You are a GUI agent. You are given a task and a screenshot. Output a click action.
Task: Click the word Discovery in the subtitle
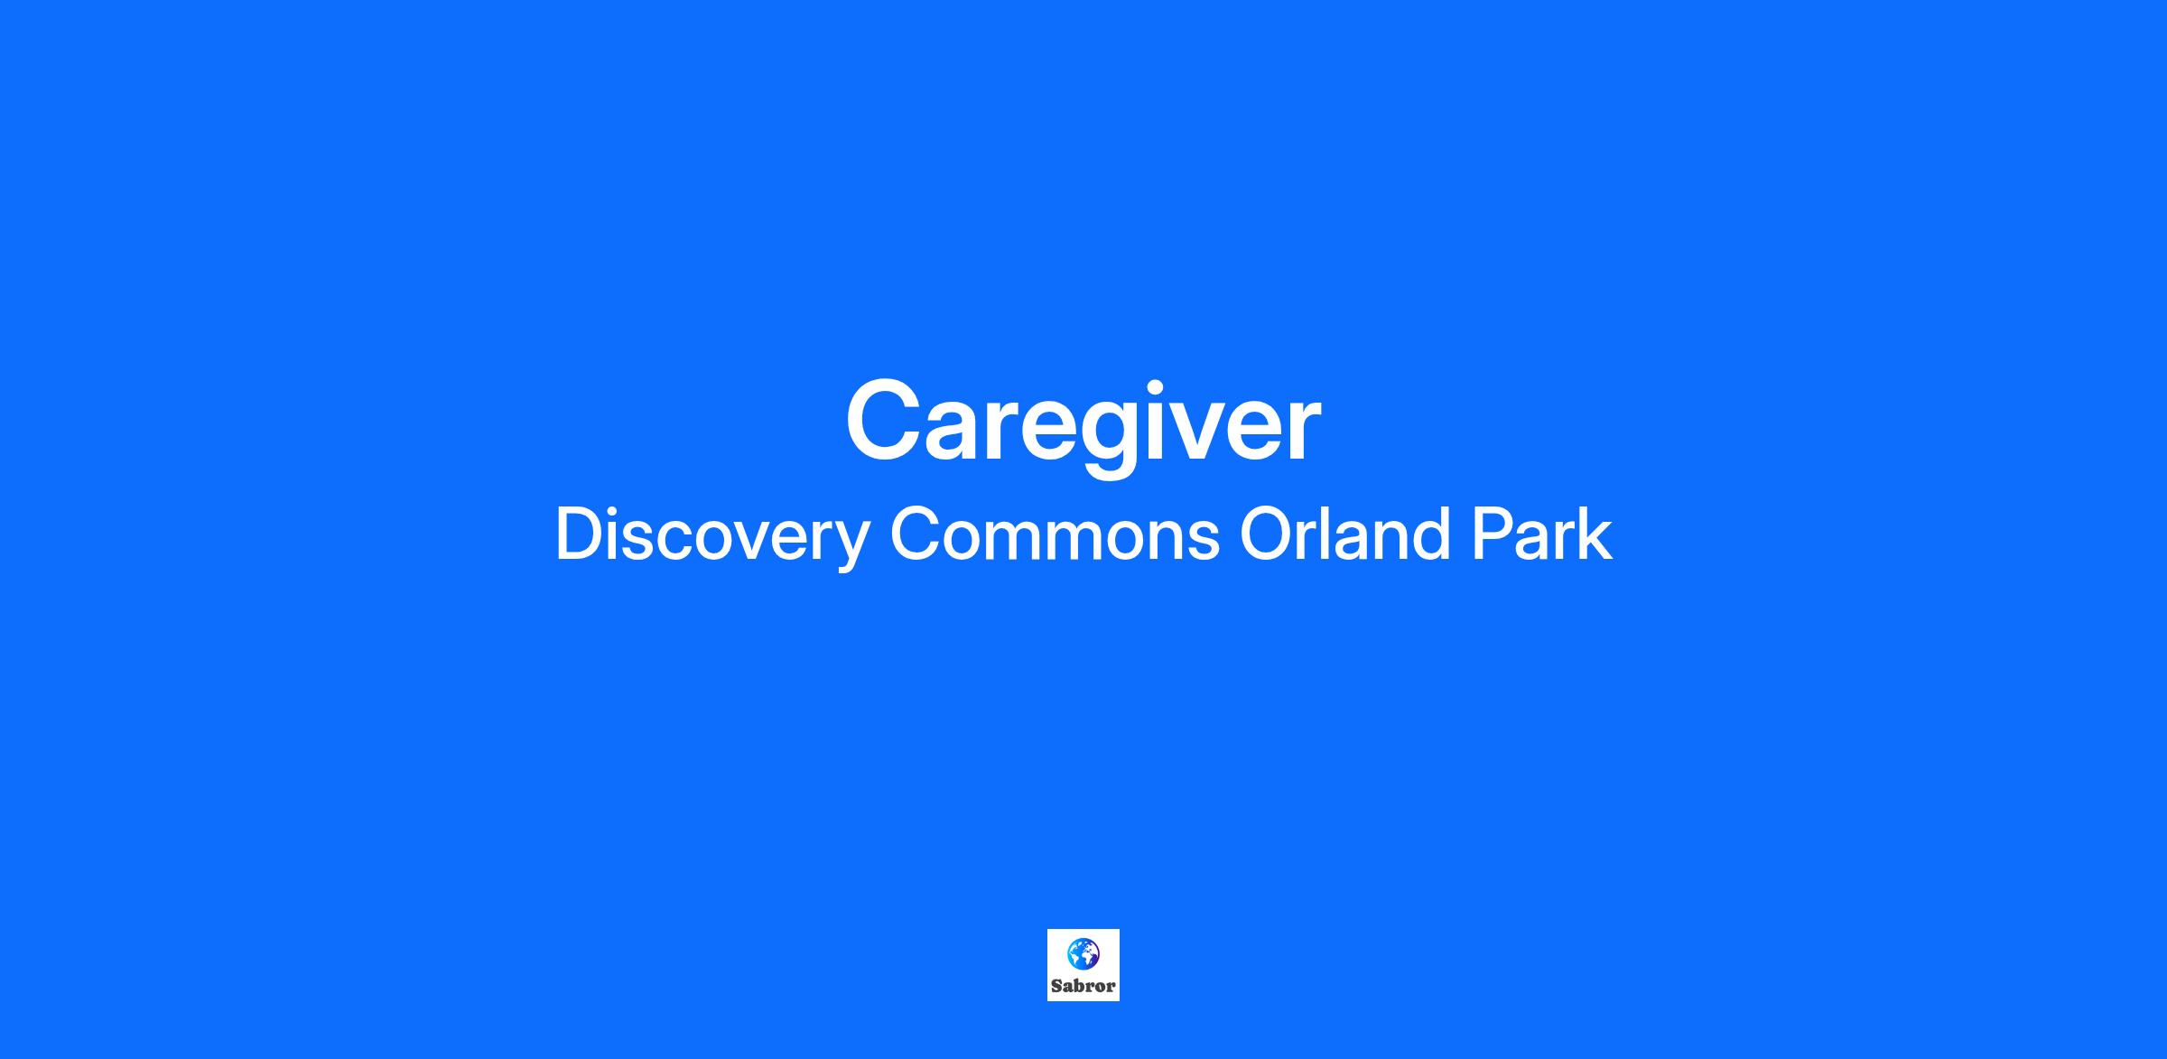[711, 538]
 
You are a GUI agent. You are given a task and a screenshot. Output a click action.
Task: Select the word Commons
[1055, 534]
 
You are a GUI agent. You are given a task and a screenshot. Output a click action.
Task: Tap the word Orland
[1344, 534]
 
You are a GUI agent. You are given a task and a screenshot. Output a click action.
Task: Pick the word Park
[1541, 534]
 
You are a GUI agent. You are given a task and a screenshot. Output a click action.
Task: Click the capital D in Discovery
[579, 534]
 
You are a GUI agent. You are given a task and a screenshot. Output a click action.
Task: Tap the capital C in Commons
[916, 534]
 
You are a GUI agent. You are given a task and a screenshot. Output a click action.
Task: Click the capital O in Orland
[1267, 534]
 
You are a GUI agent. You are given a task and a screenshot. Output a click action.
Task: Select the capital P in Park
[1492, 534]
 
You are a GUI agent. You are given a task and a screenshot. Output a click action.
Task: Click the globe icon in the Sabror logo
[1083, 953]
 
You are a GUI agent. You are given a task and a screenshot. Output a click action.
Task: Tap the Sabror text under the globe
[1083, 986]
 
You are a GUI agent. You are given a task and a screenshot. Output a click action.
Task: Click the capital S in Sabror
[1056, 986]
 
